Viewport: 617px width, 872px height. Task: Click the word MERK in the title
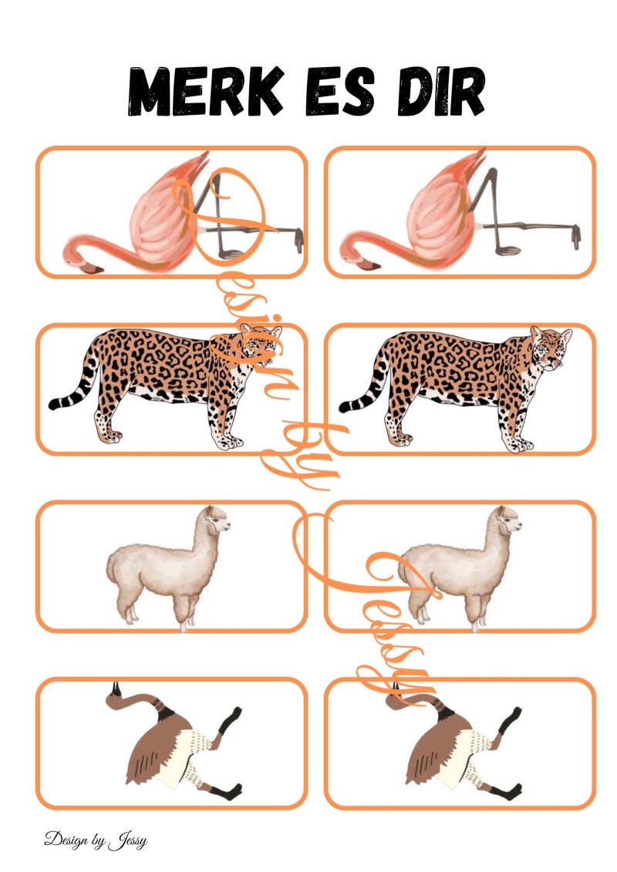(x=205, y=91)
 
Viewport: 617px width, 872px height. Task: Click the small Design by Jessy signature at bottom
(x=96, y=840)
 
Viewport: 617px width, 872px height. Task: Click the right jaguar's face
(x=551, y=348)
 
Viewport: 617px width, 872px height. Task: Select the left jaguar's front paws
(x=229, y=440)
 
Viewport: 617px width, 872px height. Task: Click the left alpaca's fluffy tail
(x=113, y=567)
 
